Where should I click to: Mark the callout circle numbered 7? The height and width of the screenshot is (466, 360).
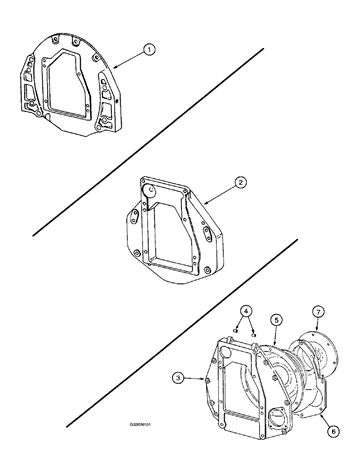coord(317,311)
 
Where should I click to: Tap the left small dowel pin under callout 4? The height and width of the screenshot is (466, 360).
coord(235,331)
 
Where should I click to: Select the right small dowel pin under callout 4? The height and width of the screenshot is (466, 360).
coord(254,334)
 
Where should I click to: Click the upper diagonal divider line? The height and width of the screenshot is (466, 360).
coord(149,140)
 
